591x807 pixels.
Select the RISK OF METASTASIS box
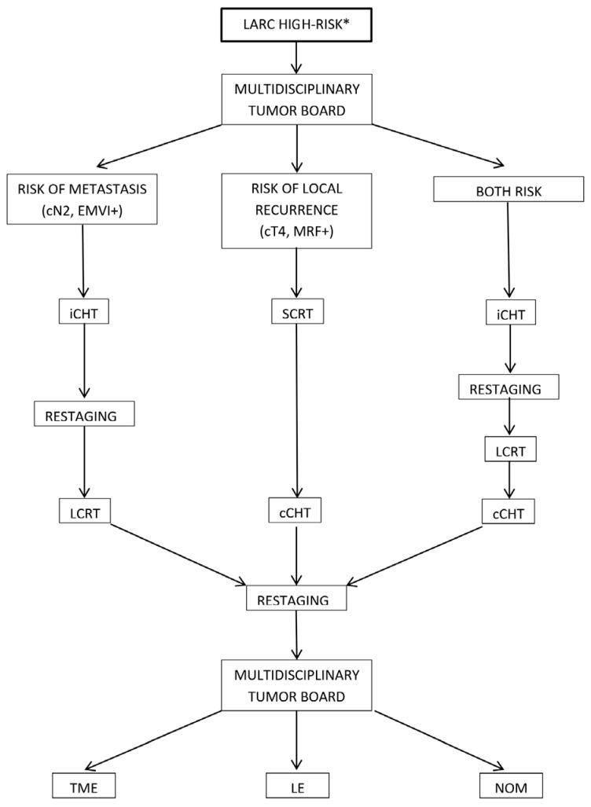pyautogui.click(x=83, y=202)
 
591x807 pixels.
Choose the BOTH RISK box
pyautogui.click(x=509, y=189)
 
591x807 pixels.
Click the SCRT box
pyautogui.click(x=295, y=313)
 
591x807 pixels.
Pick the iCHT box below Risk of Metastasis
pyautogui.click(x=83, y=313)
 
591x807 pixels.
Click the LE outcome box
pyautogui.click(x=295, y=787)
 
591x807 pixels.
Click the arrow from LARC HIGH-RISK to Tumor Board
pyautogui.click(x=295, y=57)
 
